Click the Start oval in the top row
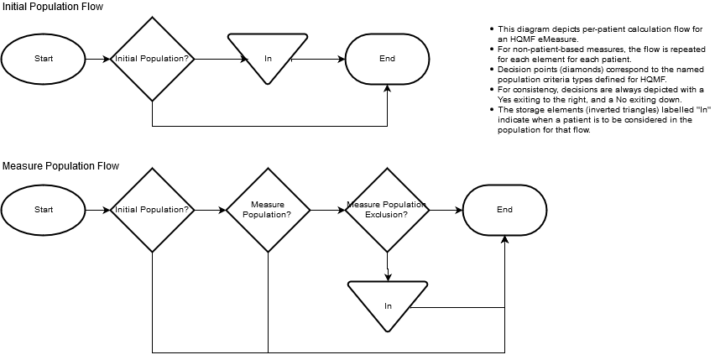[x=43, y=59]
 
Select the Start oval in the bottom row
[x=43, y=210]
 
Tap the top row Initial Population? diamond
[x=152, y=59]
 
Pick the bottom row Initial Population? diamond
[x=152, y=210]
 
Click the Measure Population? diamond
[x=268, y=210]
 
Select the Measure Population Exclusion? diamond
[x=387, y=210]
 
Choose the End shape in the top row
[x=387, y=59]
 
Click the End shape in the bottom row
[x=504, y=210]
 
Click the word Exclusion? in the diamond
[x=386, y=215]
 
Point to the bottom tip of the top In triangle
[x=268, y=82]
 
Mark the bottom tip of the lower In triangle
[x=388, y=330]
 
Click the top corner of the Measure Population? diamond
[x=268, y=170]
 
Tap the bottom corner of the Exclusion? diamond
[x=387, y=250]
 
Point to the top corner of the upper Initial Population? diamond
[x=152, y=19]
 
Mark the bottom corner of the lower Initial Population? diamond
[x=152, y=250]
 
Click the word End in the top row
[x=387, y=59]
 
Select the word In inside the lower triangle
[x=388, y=306]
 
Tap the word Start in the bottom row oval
[x=44, y=210]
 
